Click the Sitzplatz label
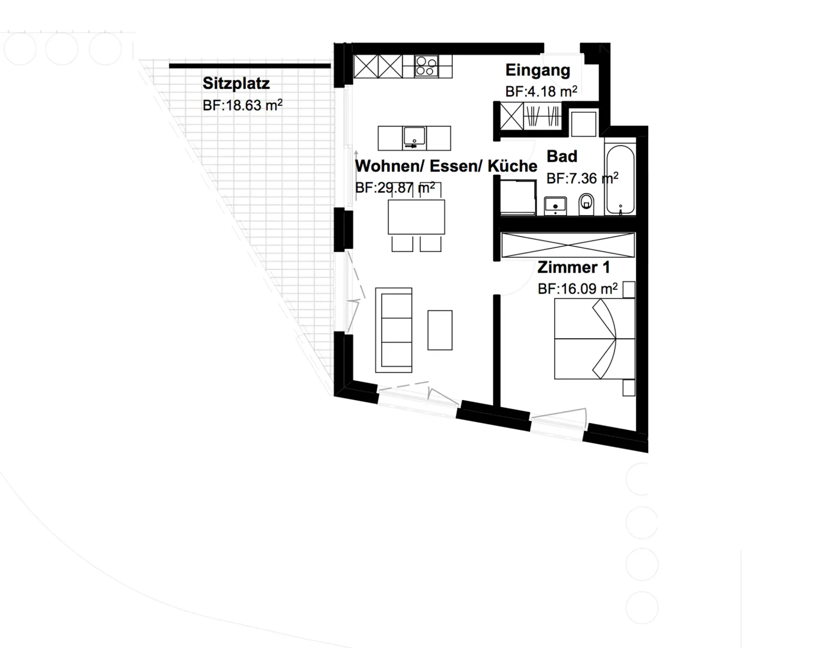(x=236, y=84)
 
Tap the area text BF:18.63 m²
(x=243, y=105)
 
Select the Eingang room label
(x=538, y=70)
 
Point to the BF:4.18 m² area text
(x=541, y=91)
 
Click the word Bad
(x=562, y=157)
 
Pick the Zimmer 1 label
(x=574, y=267)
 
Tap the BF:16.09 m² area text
(x=578, y=289)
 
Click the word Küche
(x=513, y=166)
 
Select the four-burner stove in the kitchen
(x=427, y=66)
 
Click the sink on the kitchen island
(x=414, y=136)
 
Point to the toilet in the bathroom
(x=586, y=204)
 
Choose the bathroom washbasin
(x=556, y=206)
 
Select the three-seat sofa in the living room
(x=394, y=330)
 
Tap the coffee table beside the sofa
(x=440, y=330)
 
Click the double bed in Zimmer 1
(x=595, y=339)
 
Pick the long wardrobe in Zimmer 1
(x=568, y=245)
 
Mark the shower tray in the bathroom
(x=518, y=197)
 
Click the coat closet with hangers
(x=542, y=116)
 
